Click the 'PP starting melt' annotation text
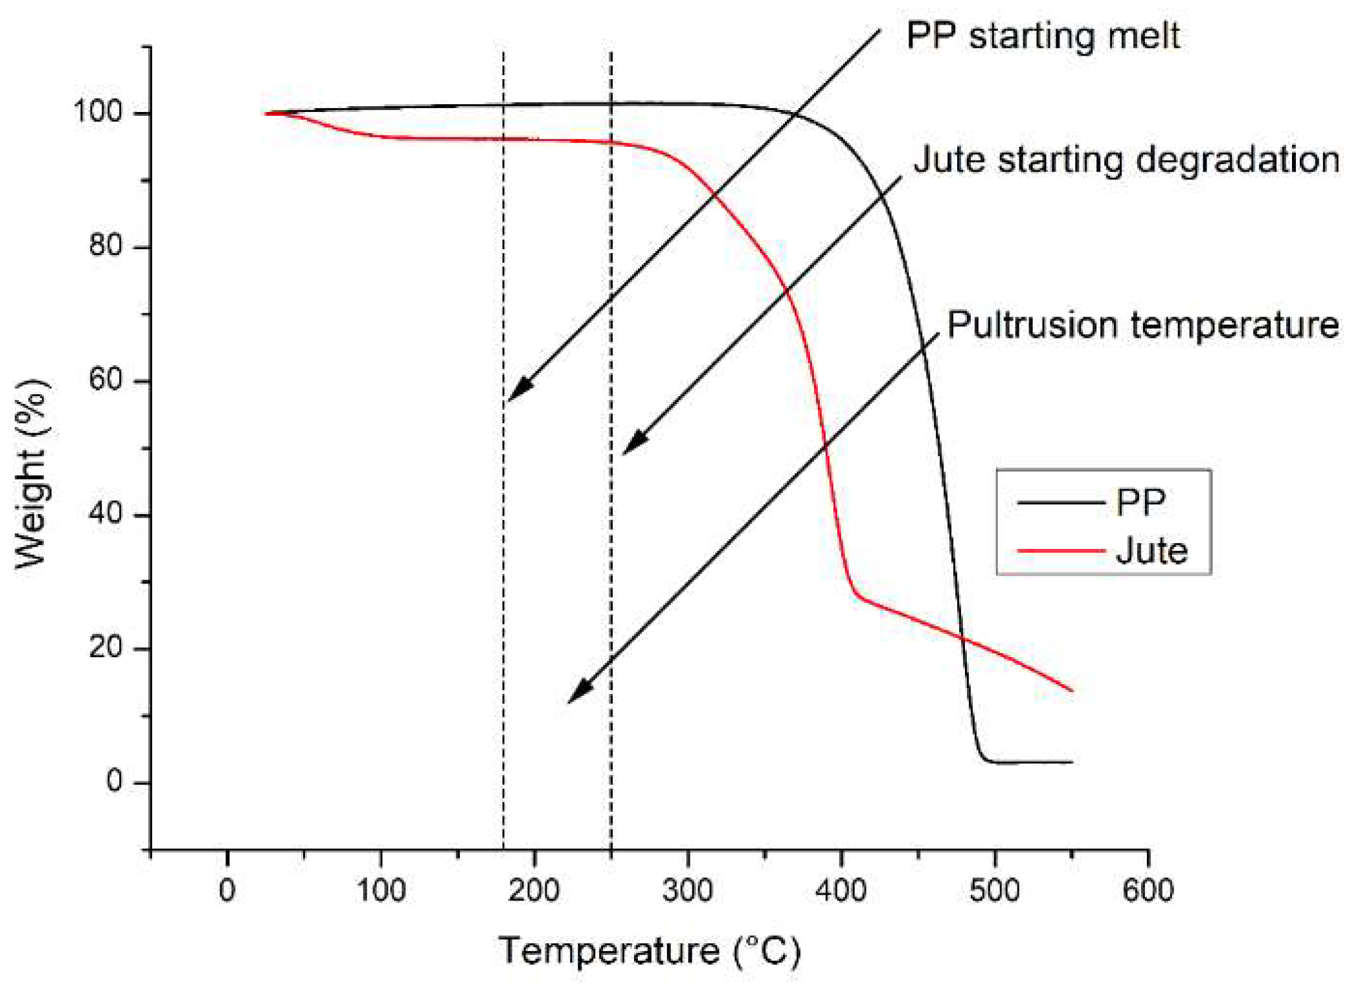[x=1042, y=35]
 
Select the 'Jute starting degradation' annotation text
[x=1126, y=159]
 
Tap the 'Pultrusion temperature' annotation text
[x=1142, y=324]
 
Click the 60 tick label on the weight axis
[x=106, y=379]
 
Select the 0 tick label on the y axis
[x=115, y=781]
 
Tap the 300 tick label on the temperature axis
[x=688, y=890]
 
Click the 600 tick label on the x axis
[x=1148, y=890]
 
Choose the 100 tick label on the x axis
[x=381, y=890]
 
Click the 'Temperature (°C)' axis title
[x=650, y=951]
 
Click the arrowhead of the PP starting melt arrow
[x=516, y=392]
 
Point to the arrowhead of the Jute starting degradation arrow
[x=631, y=445]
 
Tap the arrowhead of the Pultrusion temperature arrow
[x=576, y=694]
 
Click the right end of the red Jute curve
[x=1072, y=690]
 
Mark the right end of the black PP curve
[x=1072, y=762]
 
